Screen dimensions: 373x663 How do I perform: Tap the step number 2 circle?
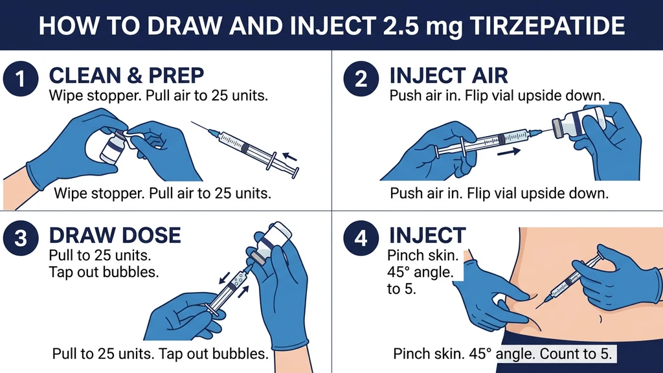click(361, 80)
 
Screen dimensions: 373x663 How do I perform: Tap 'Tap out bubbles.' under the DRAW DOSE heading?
click(104, 272)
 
